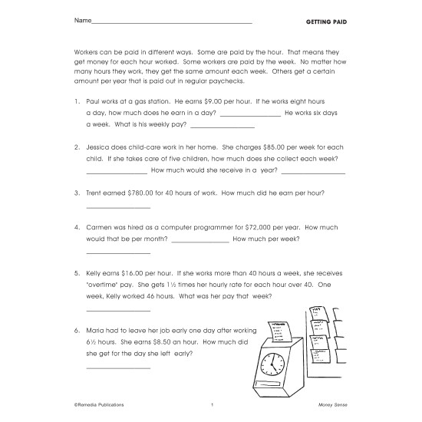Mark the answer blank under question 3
coord(118,209)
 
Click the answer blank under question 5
coord(118,310)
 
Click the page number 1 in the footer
coord(211,404)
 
